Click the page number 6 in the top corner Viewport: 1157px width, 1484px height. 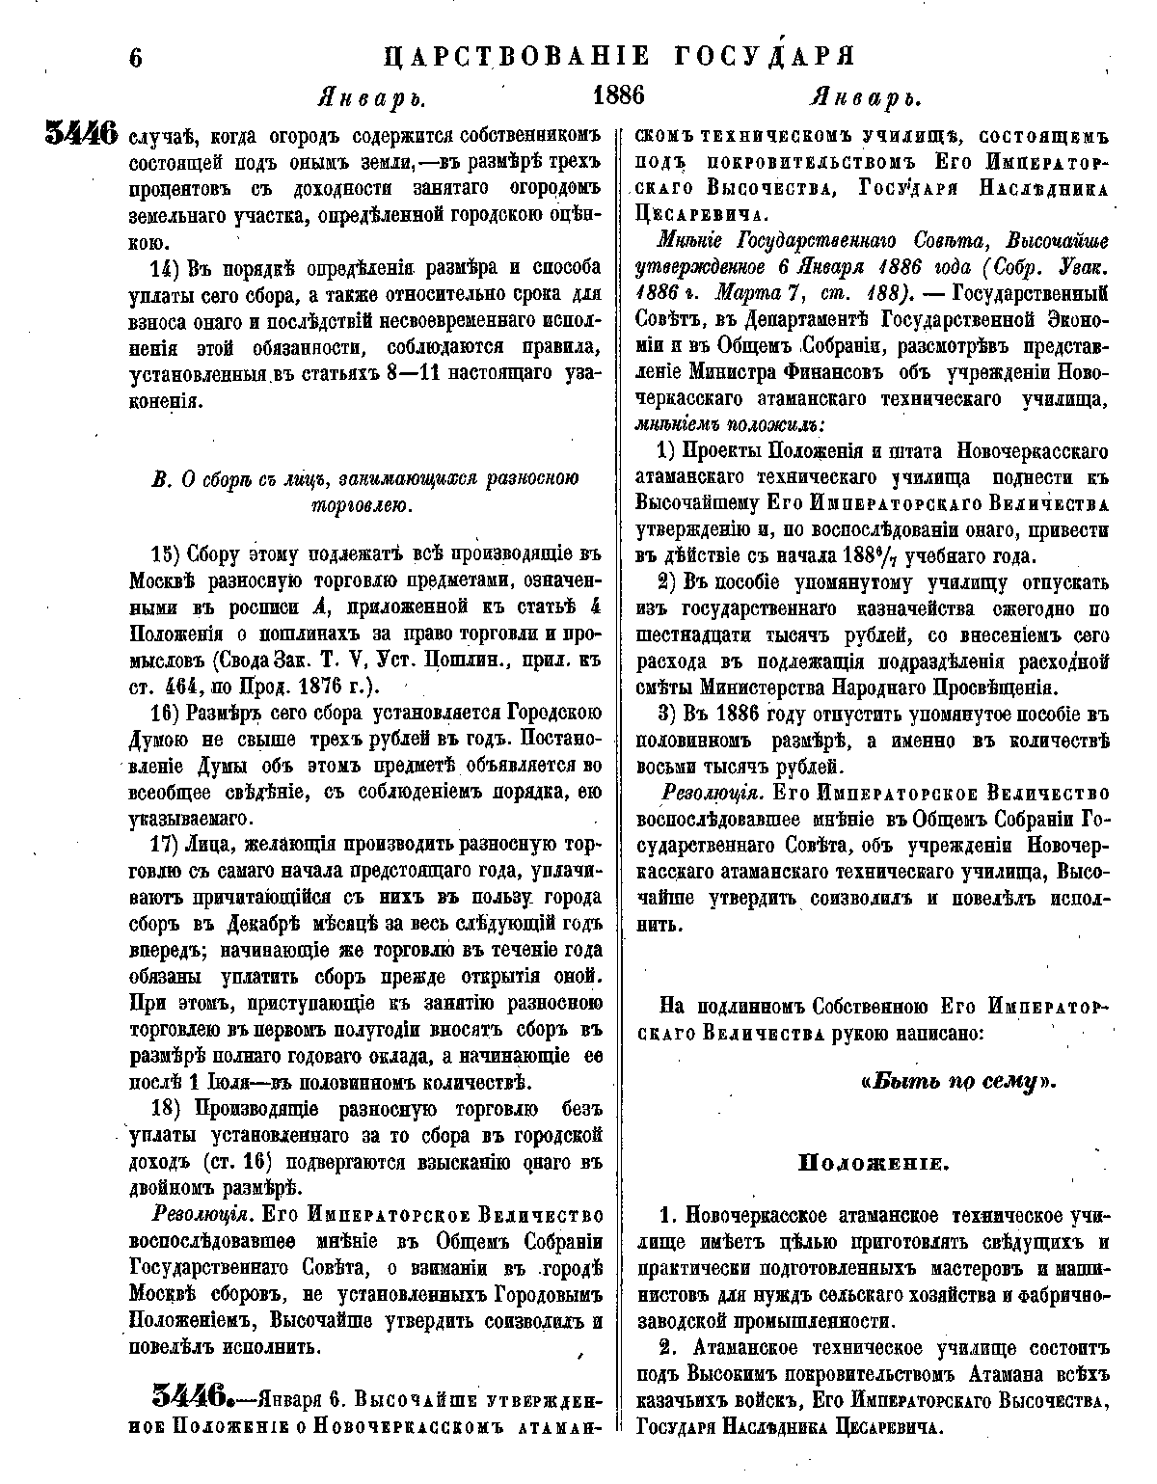tap(135, 57)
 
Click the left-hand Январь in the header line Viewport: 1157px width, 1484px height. tap(371, 97)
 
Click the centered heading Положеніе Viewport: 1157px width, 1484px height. tap(874, 1162)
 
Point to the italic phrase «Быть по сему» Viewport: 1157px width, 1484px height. tap(958, 1081)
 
